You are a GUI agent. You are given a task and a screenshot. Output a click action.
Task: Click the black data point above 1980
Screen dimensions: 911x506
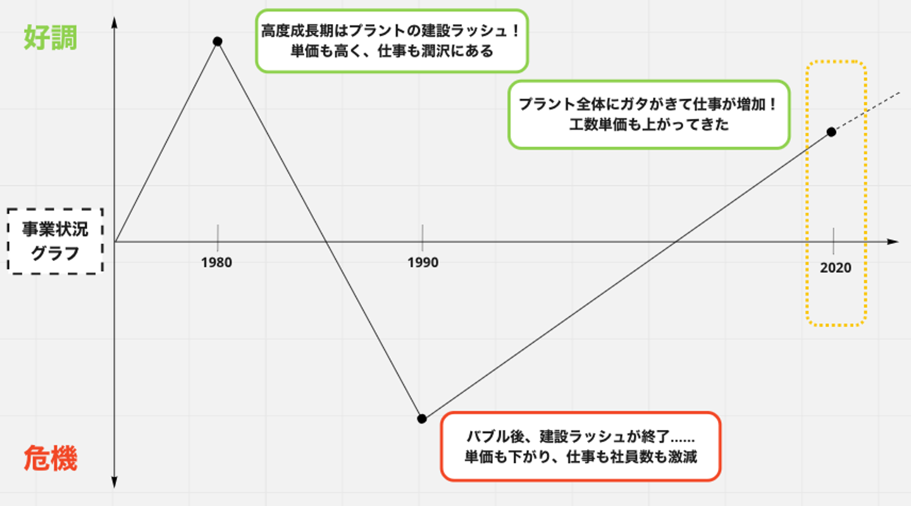tap(218, 41)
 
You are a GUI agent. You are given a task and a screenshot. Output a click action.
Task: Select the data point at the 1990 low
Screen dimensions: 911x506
tap(422, 419)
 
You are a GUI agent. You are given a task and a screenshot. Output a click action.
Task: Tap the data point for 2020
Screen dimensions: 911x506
tap(831, 132)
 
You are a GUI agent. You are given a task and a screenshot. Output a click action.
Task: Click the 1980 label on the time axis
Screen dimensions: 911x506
tap(217, 262)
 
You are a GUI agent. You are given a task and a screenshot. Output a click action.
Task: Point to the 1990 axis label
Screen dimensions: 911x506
tap(423, 262)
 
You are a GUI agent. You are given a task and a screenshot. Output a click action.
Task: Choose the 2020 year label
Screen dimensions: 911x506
tap(836, 268)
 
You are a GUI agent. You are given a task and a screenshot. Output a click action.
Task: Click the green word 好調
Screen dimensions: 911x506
tap(51, 39)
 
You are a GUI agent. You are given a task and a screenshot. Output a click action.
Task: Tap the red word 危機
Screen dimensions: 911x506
tap(51, 459)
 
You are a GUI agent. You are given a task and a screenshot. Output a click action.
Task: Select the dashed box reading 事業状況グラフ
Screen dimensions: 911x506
tap(55, 241)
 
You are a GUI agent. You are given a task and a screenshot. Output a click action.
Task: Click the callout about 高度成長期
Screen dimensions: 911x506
tap(392, 41)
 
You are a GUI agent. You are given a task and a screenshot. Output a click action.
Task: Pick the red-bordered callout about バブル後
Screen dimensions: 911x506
tap(580, 446)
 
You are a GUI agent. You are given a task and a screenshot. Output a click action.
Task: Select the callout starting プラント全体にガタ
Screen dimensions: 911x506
tap(649, 115)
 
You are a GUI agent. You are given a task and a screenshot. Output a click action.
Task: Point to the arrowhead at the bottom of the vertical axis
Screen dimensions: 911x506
tap(115, 483)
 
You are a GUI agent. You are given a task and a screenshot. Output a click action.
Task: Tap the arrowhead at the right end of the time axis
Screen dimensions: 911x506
tap(893, 242)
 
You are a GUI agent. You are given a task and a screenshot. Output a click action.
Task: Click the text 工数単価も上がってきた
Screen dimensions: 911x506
tap(649, 125)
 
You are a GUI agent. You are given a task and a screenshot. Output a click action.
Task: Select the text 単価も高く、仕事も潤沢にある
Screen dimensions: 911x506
tap(392, 51)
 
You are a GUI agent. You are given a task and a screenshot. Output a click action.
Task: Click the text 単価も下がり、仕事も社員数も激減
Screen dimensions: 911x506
tap(580, 457)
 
